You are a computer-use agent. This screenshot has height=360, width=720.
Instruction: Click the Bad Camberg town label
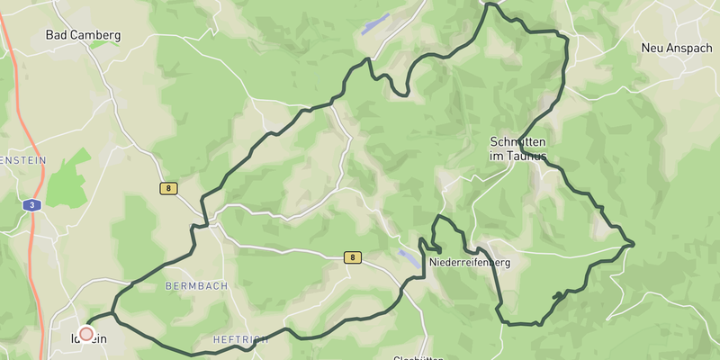(83, 35)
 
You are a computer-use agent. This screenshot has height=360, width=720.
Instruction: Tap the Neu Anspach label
(676, 48)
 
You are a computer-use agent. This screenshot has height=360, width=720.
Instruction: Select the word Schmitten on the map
(518, 142)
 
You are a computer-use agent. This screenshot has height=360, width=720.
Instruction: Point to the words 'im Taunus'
(518, 156)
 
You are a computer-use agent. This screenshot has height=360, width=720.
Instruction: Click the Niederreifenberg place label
(470, 263)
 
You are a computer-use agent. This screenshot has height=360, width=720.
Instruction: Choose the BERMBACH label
(197, 285)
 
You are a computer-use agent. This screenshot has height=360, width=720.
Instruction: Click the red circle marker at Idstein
(86, 333)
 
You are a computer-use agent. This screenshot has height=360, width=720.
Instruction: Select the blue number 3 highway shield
(31, 205)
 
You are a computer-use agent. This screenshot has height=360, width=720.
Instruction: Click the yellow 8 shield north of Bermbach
(168, 189)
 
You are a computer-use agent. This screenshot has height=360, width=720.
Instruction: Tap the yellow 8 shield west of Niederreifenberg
(354, 257)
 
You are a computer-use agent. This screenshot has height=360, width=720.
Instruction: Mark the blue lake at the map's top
(375, 24)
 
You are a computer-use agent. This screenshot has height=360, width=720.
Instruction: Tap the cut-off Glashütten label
(418, 357)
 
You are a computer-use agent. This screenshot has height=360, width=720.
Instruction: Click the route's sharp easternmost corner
(634, 243)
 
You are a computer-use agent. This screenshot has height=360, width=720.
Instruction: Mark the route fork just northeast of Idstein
(113, 314)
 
